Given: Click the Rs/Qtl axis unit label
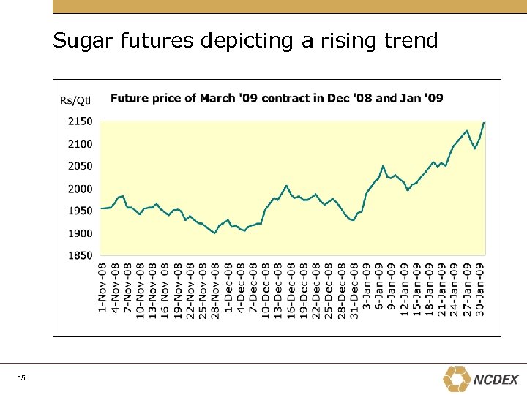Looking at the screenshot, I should click(x=75, y=100).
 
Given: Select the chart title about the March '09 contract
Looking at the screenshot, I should click(x=277, y=98).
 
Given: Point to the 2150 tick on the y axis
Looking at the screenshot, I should click(x=81, y=121).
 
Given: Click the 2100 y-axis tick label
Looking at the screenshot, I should click(x=81, y=144).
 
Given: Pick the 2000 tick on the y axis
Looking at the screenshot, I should click(x=81, y=189).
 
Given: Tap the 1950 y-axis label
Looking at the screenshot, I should click(x=81, y=211).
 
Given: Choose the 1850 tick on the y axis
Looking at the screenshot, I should click(x=81, y=255).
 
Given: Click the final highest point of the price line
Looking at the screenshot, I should click(x=484, y=122).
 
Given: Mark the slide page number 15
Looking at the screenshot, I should click(x=22, y=378).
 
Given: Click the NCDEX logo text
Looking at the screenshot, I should click(x=496, y=380).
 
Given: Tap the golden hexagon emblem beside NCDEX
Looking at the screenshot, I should click(x=457, y=379).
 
